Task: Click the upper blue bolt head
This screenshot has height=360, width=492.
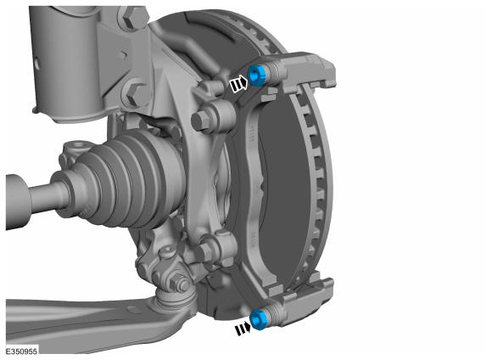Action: pyautogui.click(x=257, y=76)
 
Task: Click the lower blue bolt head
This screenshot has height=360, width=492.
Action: pyautogui.click(x=259, y=319)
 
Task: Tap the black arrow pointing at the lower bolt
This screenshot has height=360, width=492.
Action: pyautogui.click(x=243, y=329)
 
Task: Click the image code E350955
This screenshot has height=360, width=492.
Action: pyautogui.click(x=21, y=352)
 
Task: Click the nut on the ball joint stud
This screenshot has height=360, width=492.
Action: pyautogui.click(x=179, y=283)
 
